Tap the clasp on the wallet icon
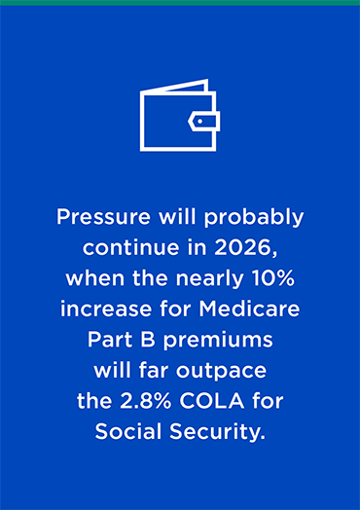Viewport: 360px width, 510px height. pos(206,122)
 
